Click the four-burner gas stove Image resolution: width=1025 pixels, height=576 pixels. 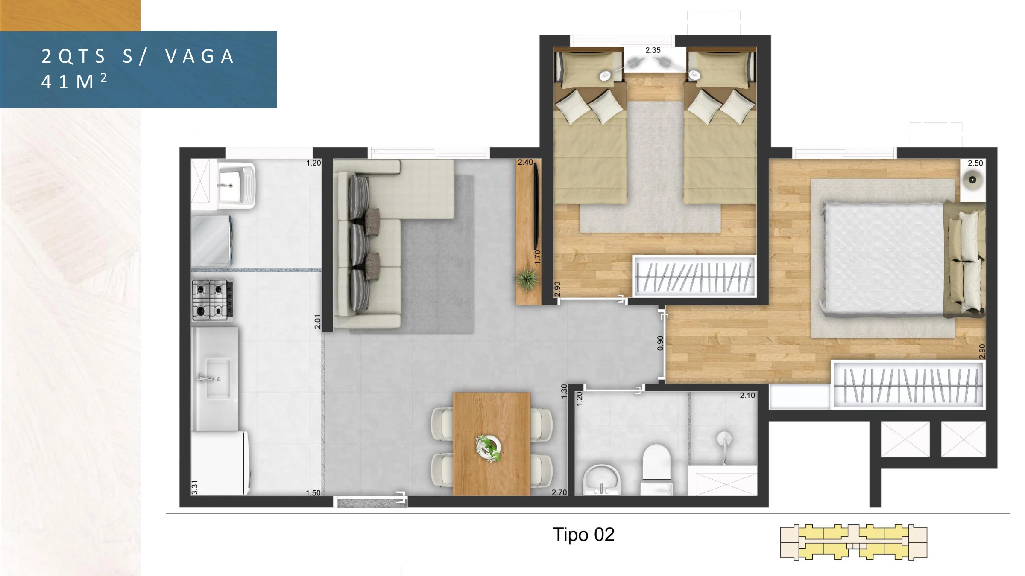click(x=213, y=300)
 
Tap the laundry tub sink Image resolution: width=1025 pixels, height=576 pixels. click(x=236, y=186)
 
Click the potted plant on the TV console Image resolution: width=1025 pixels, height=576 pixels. click(x=527, y=279)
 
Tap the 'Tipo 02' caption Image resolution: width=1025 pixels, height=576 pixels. click(x=583, y=535)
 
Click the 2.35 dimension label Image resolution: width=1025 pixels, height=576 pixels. click(x=653, y=50)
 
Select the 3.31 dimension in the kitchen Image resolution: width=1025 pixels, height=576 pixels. click(x=195, y=487)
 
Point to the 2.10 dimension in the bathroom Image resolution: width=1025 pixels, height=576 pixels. click(x=747, y=396)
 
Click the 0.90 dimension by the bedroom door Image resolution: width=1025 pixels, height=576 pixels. click(x=660, y=343)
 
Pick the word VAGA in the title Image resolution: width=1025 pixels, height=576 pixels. click(x=199, y=56)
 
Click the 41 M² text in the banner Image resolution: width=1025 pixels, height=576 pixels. click(x=74, y=81)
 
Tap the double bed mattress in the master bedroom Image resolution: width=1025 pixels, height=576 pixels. click(x=883, y=259)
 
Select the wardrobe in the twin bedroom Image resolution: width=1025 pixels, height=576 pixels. click(x=694, y=276)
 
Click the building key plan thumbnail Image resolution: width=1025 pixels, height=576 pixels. click(x=853, y=542)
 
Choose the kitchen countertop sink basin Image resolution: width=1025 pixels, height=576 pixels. click(x=218, y=378)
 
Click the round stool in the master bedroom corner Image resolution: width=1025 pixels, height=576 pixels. click(x=972, y=180)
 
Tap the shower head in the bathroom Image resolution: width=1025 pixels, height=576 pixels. click(x=724, y=439)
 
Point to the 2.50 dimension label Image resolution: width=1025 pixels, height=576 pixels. click(x=975, y=163)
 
